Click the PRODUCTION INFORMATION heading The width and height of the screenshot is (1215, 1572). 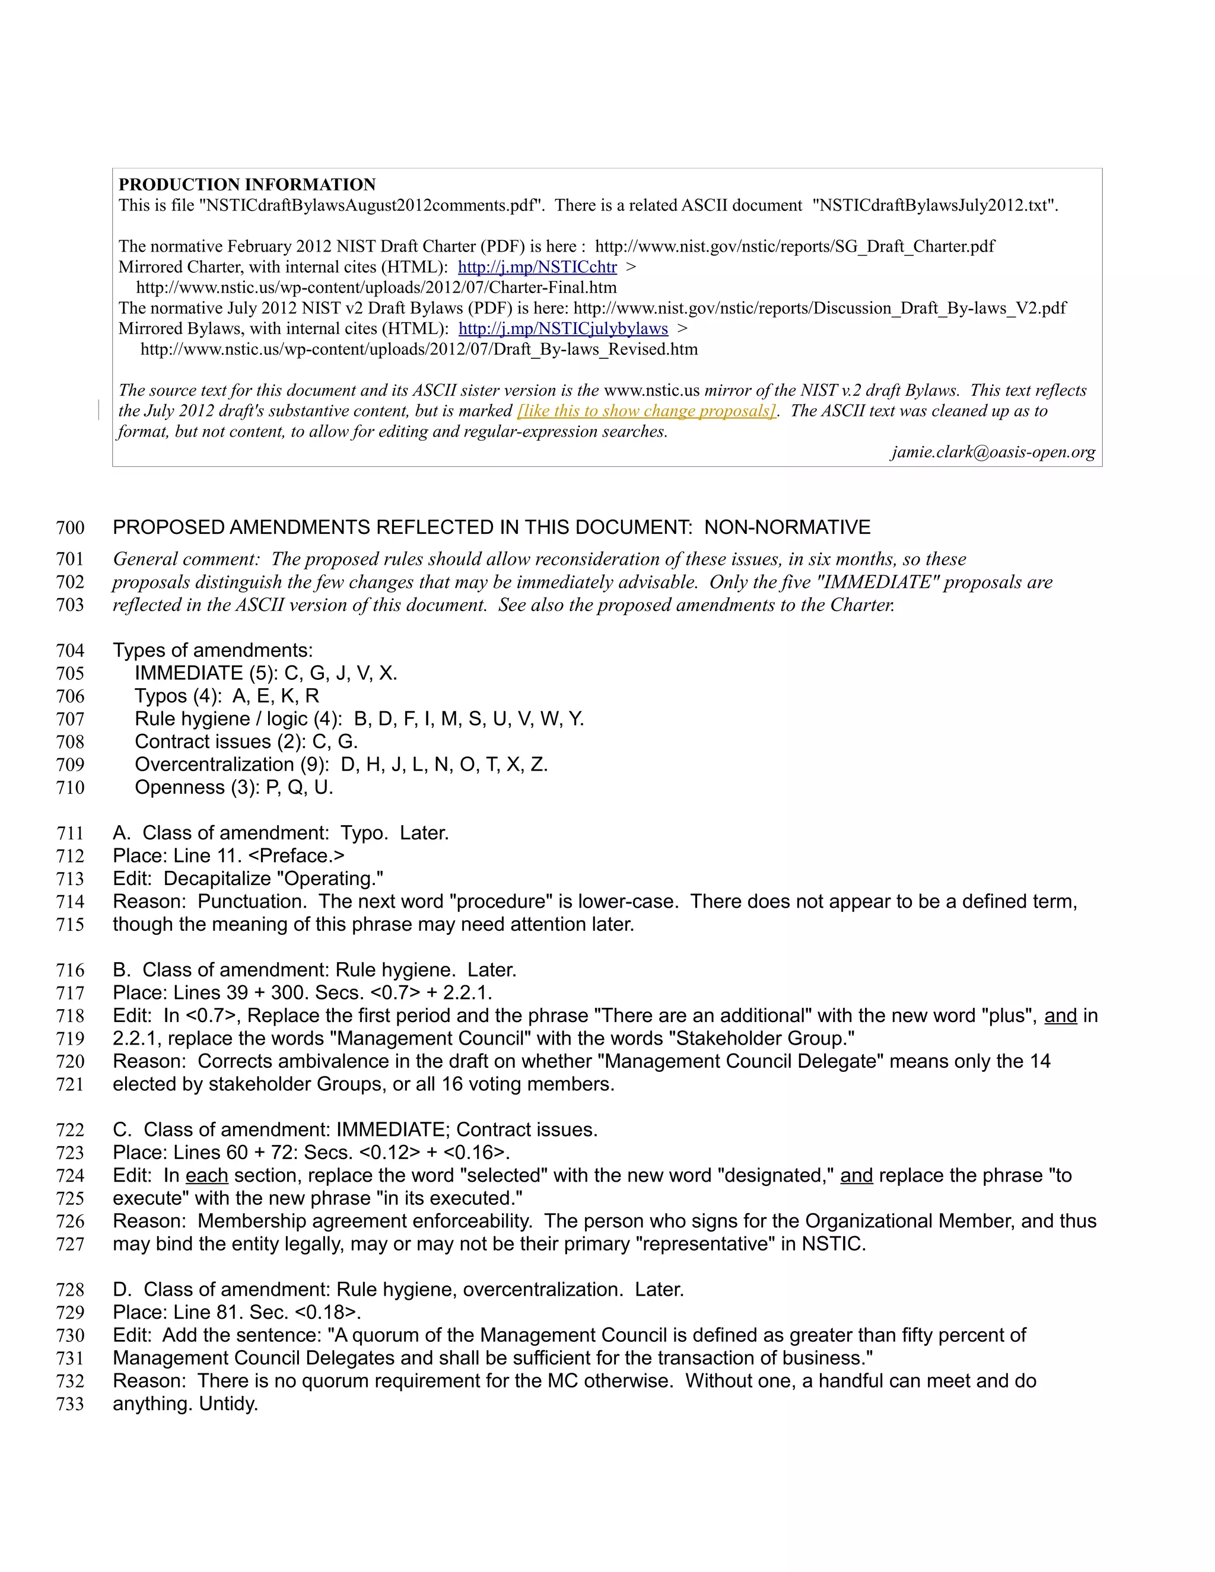point(247,184)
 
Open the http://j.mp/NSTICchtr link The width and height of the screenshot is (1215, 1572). point(537,267)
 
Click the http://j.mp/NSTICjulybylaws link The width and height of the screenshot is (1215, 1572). point(563,329)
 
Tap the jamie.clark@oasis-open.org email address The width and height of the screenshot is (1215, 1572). point(993,452)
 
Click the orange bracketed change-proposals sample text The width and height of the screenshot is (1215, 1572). point(647,411)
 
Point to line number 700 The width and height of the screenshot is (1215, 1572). point(70,527)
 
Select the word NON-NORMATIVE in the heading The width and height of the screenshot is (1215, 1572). point(787,527)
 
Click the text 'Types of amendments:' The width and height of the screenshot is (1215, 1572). point(212,651)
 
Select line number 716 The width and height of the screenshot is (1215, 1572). point(70,970)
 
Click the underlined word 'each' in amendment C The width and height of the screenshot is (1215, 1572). point(206,1176)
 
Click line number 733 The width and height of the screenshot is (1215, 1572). point(70,1404)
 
